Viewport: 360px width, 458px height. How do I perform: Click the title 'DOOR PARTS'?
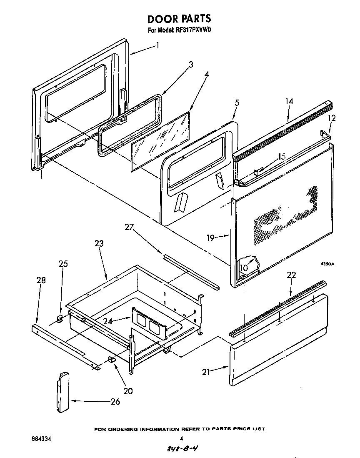pyautogui.click(x=179, y=19)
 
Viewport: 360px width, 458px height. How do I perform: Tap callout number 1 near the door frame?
pyautogui.click(x=157, y=45)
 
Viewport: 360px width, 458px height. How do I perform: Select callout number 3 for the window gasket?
pyautogui.click(x=191, y=65)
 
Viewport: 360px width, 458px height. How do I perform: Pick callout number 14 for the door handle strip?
pyautogui.click(x=289, y=101)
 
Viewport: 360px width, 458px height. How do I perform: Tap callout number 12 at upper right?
pyautogui.click(x=331, y=118)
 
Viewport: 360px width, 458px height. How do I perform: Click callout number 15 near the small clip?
pyautogui.click(x=282, y=157)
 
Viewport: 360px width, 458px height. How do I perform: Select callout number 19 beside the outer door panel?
pyautogui.click(x=210, y=238)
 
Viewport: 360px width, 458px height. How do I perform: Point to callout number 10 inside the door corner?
pyautogui.click(x=243, y=267)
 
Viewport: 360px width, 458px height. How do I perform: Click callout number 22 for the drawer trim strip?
pyautogui.click(x=291, y=275)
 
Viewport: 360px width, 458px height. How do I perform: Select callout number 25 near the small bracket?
pyautogui.click(x=63, y=264)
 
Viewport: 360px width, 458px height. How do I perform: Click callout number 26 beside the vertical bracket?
pyautogui.click(x=115, y=401)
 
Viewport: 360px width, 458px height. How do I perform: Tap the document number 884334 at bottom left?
pyautogui.click(x=42, y=439)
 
